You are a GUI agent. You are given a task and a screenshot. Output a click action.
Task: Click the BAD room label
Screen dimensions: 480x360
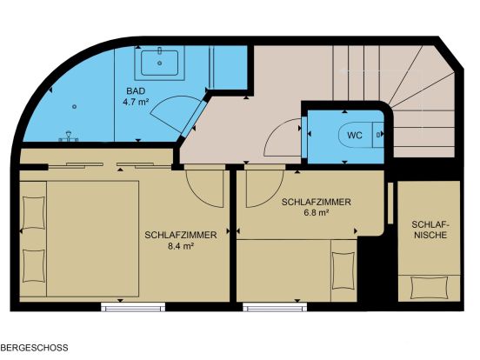tap(136, 91)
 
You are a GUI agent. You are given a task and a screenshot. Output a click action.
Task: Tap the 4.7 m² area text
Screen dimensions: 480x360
tap(136, 102)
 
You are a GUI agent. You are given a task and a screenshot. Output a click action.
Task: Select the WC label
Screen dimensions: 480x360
tap(355, 135)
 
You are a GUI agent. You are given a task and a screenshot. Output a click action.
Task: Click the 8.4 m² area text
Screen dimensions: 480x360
tap(181, 246)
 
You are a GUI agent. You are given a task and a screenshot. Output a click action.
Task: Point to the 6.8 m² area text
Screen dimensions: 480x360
tap(317, 212)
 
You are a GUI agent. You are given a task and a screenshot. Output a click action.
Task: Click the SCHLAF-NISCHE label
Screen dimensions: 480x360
tap(430, 230)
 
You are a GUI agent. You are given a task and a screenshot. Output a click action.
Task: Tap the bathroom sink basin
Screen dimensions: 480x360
tap(159, 63)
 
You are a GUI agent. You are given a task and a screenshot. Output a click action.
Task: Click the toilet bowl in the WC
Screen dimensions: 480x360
tap(355, 135)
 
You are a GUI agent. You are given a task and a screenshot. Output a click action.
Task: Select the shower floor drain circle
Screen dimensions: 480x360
tap(74, 107)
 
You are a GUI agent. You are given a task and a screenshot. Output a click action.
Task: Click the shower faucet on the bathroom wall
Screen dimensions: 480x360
tap(69, 137)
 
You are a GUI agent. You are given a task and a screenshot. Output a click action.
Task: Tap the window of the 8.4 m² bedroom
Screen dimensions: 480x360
tap(133, 307)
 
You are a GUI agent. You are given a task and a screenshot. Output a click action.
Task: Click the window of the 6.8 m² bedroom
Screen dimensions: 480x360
tap(275, 307)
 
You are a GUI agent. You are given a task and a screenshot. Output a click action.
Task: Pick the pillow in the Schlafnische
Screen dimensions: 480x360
tap(429, 288)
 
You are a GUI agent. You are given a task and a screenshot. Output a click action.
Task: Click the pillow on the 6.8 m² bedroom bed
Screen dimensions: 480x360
tap(343, 270)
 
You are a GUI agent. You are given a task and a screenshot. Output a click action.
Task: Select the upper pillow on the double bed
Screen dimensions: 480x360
tap(34, 213)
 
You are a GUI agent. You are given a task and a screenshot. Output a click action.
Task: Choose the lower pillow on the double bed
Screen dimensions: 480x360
tap(34, 266)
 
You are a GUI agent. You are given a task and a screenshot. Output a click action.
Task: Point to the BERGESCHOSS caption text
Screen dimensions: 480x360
tap(34, 348)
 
